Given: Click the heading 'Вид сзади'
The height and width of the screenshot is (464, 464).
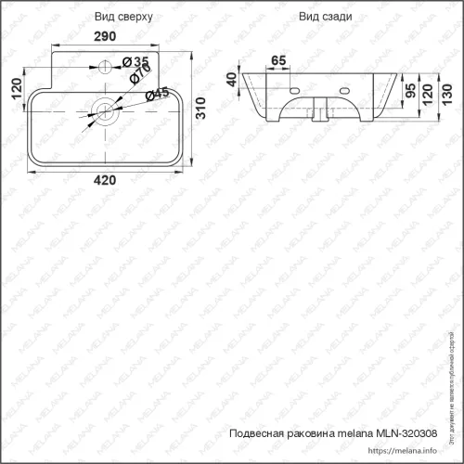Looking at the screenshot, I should [x=323, y=18].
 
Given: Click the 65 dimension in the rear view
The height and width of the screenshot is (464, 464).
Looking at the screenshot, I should [x=277, y=61].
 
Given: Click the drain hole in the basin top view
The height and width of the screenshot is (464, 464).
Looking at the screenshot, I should [x=105, y=111].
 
